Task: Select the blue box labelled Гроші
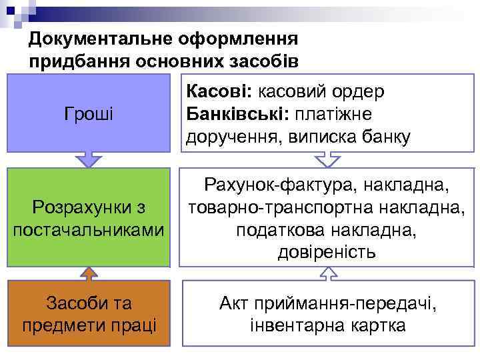(x=89, y=113)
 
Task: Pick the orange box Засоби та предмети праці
(x=89, y=314)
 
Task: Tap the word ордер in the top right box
(x=363, y=91)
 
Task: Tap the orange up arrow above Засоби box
(x=89, y=274)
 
